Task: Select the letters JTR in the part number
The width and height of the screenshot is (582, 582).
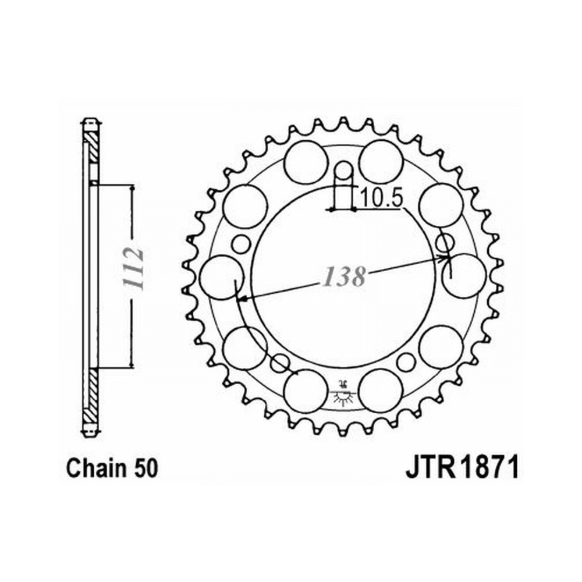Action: click(431, 468)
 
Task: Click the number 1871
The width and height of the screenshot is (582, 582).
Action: click(488, 468)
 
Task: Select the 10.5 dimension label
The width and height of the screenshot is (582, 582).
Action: click(381, 198)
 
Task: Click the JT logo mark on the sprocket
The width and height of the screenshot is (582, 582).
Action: click(343, 393)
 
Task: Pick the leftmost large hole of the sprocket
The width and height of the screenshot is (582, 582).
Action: click(221, 277)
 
